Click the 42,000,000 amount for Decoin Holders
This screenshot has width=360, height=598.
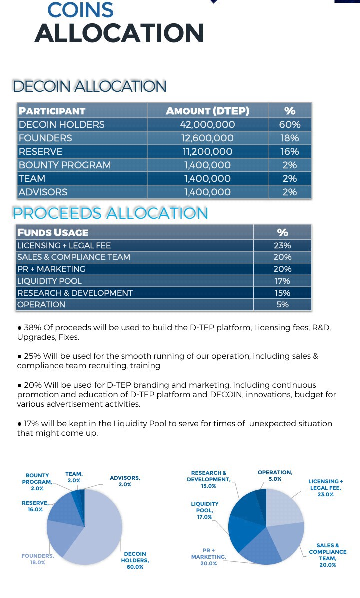pos(207,124)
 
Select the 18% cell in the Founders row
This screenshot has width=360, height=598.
pos(290,138)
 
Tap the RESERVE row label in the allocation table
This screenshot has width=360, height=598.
pos(40,151)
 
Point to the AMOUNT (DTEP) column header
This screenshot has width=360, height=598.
pos(207,111)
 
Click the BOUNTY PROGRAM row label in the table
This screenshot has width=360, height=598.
pos(64,165)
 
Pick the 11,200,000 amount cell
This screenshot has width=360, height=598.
pos(207,151)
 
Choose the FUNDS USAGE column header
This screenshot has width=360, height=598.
pos(53,232)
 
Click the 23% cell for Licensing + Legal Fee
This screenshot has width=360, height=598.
pos(283,245)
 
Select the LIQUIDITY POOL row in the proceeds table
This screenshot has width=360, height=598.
pos(49,281)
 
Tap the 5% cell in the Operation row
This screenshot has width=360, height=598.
pos(283,304)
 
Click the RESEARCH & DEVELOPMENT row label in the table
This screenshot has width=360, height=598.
pos(75,293)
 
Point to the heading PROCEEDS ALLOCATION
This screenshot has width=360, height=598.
pos(110,213)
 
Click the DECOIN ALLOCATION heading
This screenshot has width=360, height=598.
pos(90,86)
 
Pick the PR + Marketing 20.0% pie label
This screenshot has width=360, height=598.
pos(209,557)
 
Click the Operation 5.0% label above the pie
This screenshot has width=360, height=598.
pos(275,475)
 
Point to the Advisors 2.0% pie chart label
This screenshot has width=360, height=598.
pos(125,481)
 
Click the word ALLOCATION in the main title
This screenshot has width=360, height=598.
pos(119,33)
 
